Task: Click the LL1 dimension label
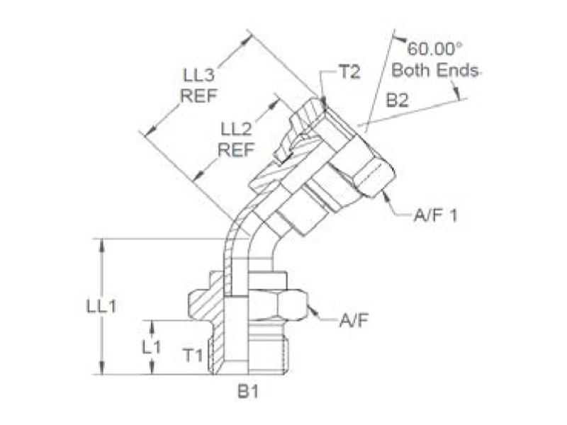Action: pyautogui.click(x=101, y=306)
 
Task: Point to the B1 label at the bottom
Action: pyautogui.click(x=246, y=392)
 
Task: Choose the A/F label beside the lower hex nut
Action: pyautogui.click(x=352, y=321)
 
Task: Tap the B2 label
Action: pyautogui.click(x=399, y=101)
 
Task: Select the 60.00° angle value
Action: pyautogui.click(x=434, y=50)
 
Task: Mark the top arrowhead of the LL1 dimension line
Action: pyautogui.click(x=104, y=244)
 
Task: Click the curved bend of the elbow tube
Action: pyautogui.click(x=237, y=234)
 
